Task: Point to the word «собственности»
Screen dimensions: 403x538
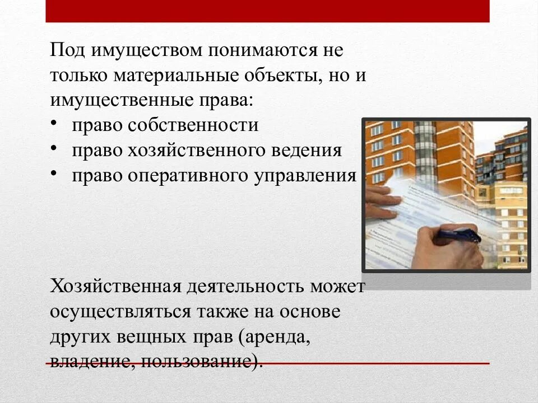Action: coord(193,125)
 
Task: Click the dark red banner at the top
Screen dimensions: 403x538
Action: coord(267,11)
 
